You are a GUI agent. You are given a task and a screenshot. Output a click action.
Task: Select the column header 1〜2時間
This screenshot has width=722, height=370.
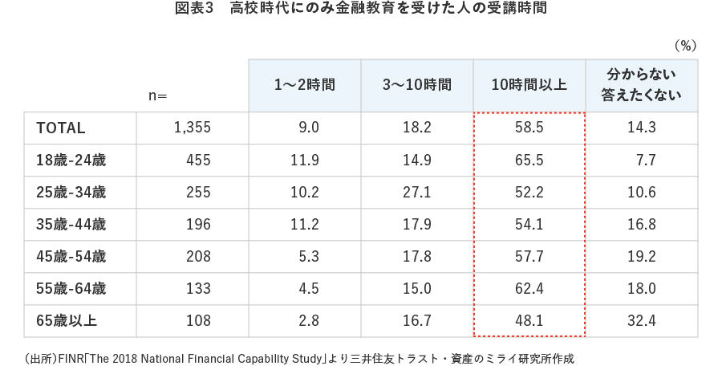coord(304,84)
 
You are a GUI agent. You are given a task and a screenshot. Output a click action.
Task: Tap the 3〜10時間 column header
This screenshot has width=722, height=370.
coord(416,84)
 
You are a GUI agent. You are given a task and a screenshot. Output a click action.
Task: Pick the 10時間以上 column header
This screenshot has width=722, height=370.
coord(529,84)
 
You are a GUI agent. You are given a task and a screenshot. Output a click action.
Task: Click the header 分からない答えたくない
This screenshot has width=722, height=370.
coord(641,84)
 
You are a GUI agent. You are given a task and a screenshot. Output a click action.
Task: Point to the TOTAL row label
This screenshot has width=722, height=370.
coord(61,128)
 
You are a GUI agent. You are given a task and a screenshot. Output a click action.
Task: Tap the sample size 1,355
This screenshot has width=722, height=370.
coord(192,128)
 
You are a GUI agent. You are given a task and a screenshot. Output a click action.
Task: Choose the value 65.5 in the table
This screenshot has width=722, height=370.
coord(529,161)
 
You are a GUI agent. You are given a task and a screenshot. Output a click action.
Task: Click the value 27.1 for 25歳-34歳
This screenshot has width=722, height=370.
coord(416,193)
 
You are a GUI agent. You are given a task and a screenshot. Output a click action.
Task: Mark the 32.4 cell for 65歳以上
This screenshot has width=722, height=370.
coord(641,321)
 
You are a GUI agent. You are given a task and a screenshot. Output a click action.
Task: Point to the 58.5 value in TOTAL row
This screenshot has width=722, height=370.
coord(529,128)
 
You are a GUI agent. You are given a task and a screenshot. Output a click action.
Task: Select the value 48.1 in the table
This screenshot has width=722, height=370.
coord(529,321)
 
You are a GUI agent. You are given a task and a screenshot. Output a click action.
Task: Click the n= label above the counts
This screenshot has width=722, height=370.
coord(157,96)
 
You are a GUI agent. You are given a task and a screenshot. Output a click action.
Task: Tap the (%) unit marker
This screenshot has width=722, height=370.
coord(684,45)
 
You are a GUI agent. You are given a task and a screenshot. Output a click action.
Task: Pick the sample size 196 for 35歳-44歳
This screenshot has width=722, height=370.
coord(197,225)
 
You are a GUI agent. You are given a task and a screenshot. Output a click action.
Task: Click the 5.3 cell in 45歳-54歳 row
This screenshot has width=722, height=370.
coord(308,257)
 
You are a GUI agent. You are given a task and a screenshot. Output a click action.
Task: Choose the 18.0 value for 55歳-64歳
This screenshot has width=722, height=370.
coord(641,289)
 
